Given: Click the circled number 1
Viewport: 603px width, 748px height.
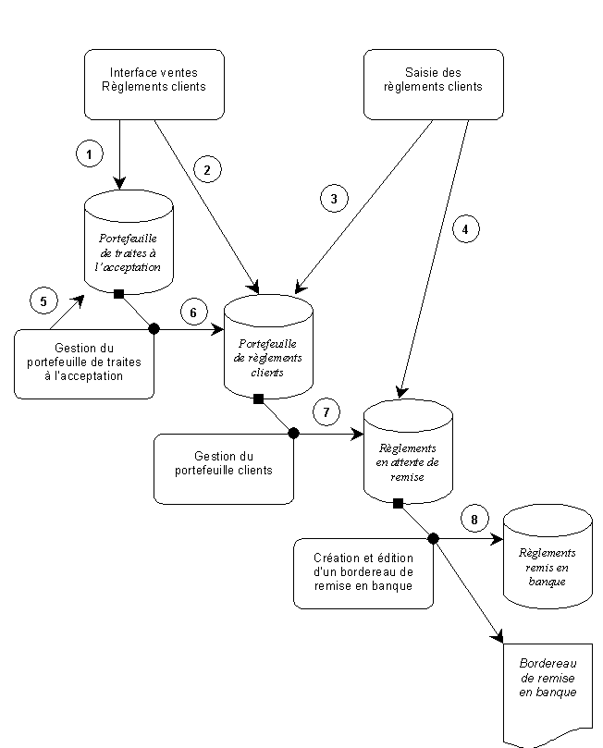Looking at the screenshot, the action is point(89,153).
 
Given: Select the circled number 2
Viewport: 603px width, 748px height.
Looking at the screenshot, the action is point(207,169).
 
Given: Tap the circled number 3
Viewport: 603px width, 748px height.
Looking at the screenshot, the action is point(334,199).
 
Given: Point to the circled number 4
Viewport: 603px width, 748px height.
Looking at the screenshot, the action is point(465,229).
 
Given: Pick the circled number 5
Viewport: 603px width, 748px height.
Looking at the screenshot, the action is point(43,301).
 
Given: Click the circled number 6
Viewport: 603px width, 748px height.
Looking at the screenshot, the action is point(193,312).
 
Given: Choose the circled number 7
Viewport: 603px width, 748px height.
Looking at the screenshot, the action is point(326,412).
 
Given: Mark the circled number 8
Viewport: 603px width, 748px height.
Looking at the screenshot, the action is point(474,519).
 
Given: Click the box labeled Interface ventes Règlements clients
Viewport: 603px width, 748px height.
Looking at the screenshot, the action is point(154,84).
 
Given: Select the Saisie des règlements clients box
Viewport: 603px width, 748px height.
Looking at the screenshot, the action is point(433,84).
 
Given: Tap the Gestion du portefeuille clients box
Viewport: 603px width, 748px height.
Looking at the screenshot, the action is point(223,469).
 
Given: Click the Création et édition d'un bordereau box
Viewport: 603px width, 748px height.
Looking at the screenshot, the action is point(363,574).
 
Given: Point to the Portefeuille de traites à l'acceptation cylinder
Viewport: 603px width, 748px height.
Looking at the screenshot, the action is point(129,242).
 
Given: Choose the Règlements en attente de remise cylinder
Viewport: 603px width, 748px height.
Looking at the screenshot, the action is point(408,452).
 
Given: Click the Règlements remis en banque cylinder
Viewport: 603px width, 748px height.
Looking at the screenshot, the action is point(548,557).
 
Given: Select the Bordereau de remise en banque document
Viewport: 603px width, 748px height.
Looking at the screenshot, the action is point(548,692).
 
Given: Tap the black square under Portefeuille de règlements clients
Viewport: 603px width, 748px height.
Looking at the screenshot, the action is point(259,399).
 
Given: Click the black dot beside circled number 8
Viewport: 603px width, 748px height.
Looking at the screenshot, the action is point(433,539).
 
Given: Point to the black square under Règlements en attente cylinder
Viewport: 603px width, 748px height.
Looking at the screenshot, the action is point(398,503).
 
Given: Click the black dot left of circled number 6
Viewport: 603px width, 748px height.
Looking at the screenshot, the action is point(154,328).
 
